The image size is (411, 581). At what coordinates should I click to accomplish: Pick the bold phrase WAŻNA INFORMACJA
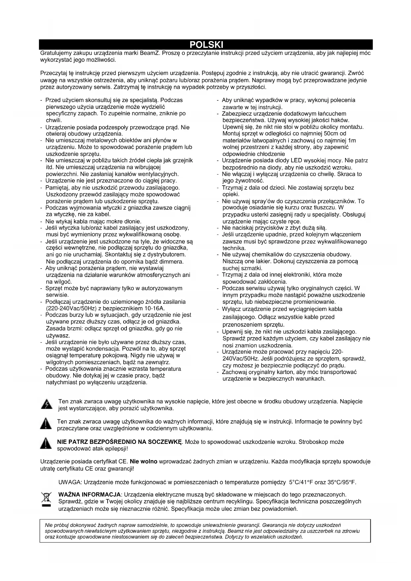[x=89, y=495]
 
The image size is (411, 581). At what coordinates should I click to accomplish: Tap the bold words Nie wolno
[x=144, y=461]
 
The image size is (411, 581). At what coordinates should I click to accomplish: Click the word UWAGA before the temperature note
[x=68, y=482]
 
